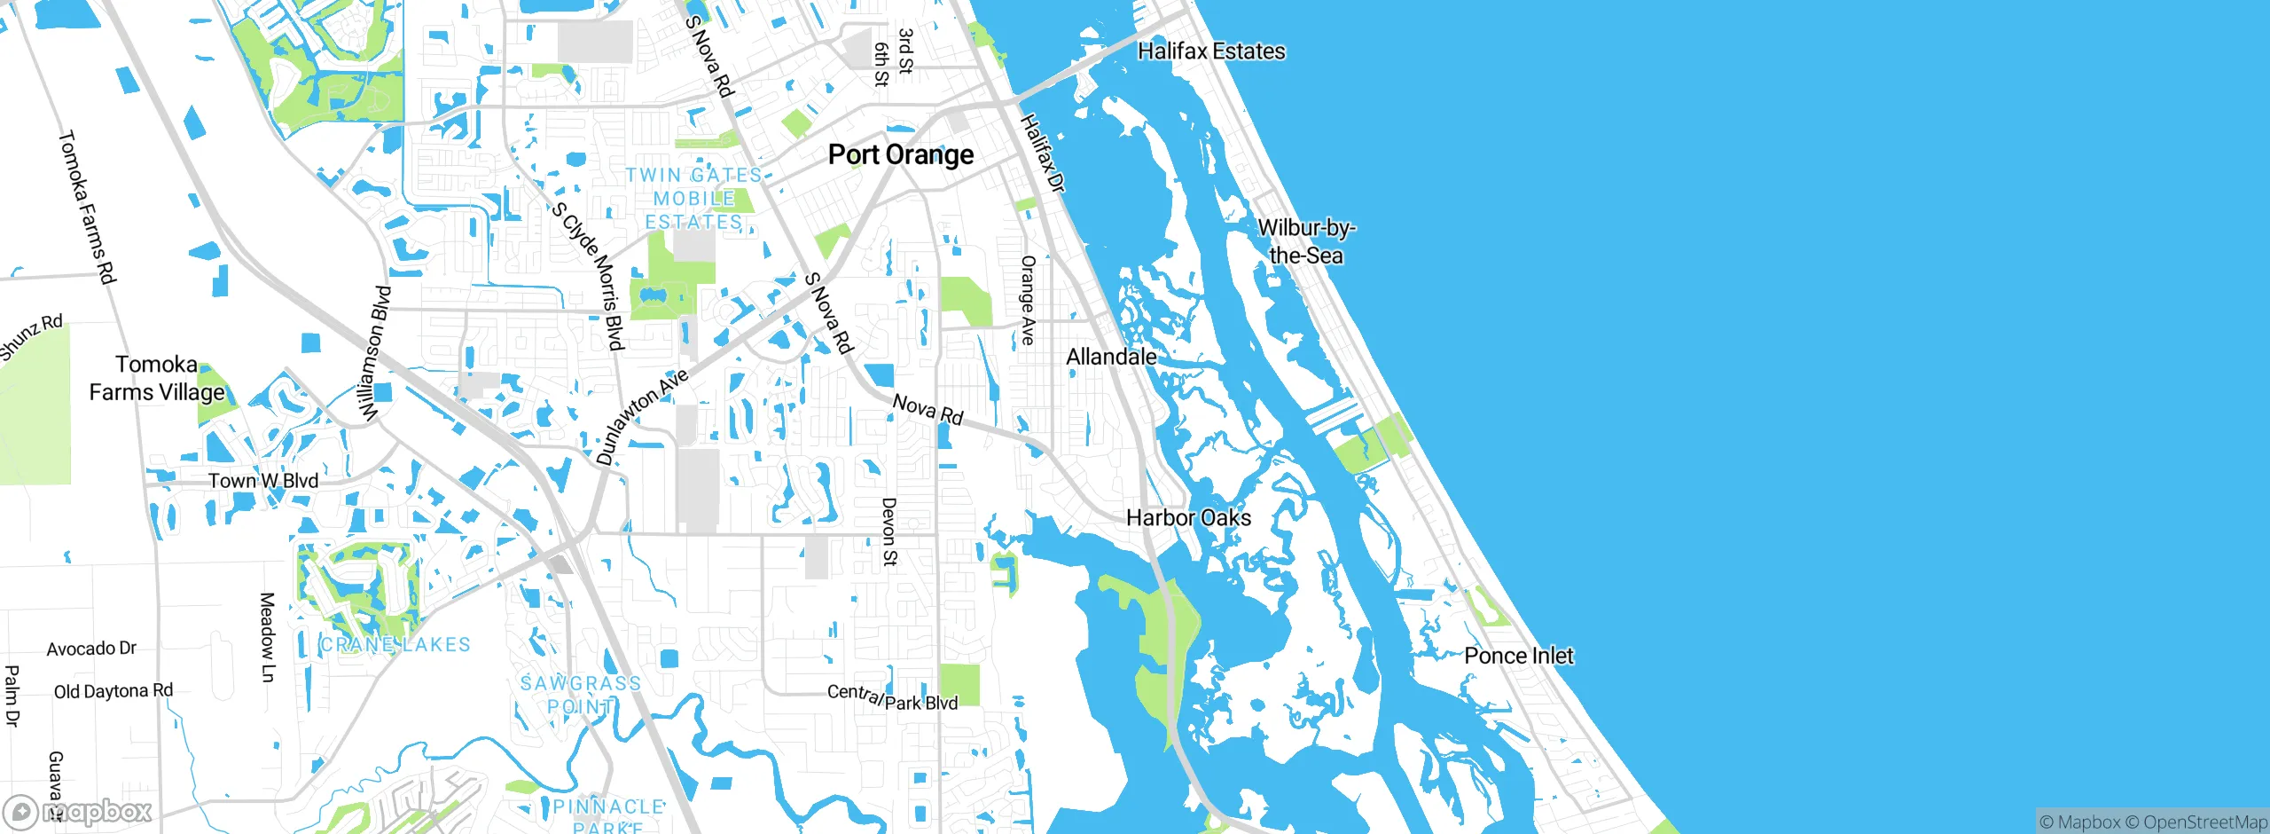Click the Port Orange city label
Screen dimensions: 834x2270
900,155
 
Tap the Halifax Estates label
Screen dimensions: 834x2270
1211,51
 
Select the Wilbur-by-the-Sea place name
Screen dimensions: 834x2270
1306,241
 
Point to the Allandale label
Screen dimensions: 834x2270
1111,357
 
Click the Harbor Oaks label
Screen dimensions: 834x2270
1188,518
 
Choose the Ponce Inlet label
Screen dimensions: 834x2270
1518,656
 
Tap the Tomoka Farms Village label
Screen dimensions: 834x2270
157,378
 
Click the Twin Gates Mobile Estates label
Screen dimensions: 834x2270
693,199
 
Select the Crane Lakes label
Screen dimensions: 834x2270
395,645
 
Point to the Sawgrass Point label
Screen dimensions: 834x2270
580,695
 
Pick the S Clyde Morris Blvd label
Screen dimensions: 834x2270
589,276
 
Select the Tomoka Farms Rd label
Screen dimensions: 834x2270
87,207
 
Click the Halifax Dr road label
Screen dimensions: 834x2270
1043,153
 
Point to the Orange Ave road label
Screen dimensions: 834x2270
1028,300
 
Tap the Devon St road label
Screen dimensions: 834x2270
888,531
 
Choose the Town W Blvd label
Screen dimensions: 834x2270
263,481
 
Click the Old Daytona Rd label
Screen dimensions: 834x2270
113,691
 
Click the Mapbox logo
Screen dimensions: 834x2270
78,812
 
